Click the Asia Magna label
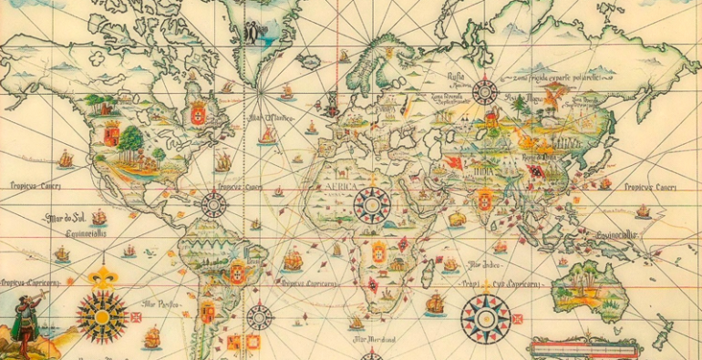[x=530, y=99]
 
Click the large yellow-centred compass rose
[x=100, y=315]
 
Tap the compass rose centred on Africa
[x=371, y=205]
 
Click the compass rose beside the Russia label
[x=485, y=91]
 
